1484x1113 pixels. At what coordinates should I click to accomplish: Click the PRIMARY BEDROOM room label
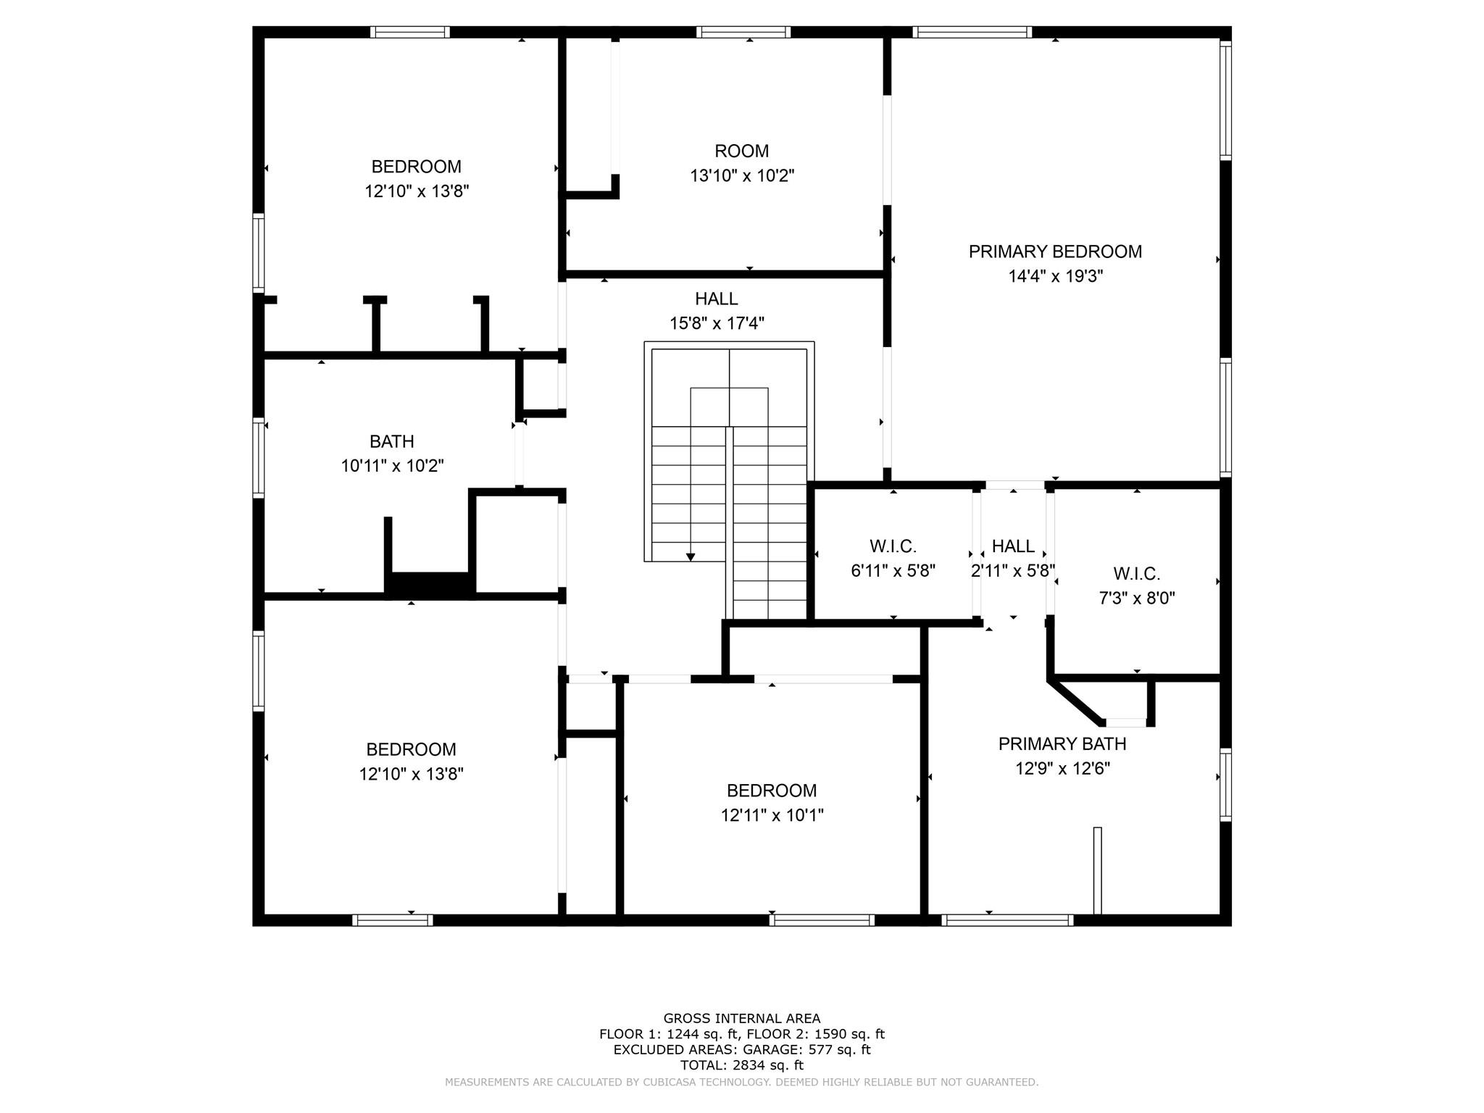(1055, 251)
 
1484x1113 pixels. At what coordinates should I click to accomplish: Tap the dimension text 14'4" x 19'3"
(1055, 276)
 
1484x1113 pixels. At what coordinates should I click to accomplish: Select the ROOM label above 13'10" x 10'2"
(741, 151)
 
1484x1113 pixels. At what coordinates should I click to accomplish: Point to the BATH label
(392, 441)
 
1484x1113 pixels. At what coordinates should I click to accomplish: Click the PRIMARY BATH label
(1062, 744)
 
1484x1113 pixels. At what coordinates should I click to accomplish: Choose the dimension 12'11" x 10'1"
(772, 815)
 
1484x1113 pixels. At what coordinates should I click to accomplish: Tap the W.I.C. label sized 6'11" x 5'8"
(893, 546)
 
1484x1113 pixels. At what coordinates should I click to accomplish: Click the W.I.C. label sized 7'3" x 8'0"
(1137, 574)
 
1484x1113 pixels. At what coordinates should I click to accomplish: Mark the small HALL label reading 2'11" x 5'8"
(1013, 546)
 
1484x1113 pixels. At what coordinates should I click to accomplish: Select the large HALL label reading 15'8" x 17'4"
(717, 299)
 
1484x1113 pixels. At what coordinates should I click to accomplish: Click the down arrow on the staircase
(691, 556)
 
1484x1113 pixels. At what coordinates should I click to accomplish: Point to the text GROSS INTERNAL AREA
(742, 1018)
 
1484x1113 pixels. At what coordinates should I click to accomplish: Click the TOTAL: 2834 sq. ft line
(742, 1065)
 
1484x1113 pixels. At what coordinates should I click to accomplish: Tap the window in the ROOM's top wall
(743, 32)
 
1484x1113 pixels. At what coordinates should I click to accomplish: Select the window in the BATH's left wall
(258, 458)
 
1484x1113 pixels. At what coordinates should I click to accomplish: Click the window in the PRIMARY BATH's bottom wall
(1008, 920)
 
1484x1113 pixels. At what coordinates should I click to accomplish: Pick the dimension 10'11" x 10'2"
(392, 465)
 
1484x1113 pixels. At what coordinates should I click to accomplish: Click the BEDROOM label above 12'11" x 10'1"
(772, 791)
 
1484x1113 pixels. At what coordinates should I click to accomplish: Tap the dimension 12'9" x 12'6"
(1062, 768)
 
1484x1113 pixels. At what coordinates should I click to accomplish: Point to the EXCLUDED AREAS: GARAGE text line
(742, 1049)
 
